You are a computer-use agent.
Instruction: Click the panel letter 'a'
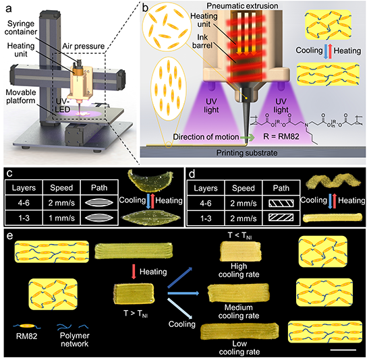[x=9, y=9]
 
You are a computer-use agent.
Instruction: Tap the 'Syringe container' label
[x=21, y=28]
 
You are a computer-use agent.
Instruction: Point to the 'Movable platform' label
[x=21, y=96]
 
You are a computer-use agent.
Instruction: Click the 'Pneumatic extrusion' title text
[x=243, y=5]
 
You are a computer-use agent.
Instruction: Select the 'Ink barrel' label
[x=202, y=41]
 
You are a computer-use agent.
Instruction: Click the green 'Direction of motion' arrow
[x=248, y=137]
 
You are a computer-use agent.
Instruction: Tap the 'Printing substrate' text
[x=247, y=153]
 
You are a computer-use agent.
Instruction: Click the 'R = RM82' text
[x=281, y=136]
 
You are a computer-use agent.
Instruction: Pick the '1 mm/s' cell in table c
[x=61, y=218]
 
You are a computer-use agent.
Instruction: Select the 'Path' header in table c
[x=99, y=188]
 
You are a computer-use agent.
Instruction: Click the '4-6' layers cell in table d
[x=206, y=203]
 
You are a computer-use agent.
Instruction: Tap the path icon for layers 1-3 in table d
[x=281, y=217]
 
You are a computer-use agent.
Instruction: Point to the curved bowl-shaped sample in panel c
[x=150, y=181]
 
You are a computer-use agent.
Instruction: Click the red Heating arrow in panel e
[x=134, y=272]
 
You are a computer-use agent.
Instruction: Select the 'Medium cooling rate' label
[x=239, y=311]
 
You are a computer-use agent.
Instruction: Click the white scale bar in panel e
[x=343, y=350]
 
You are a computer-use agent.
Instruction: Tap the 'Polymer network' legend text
[x=74, y=339]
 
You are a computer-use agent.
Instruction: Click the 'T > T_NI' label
[x=136, y=313]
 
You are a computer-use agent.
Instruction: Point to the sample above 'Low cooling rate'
[x=239, y=332]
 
